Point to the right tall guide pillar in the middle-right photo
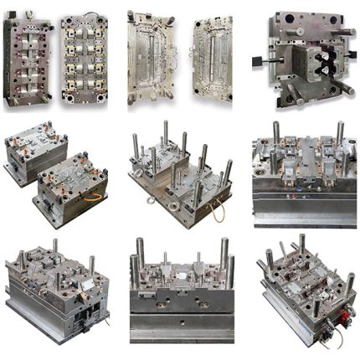[339, 134]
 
